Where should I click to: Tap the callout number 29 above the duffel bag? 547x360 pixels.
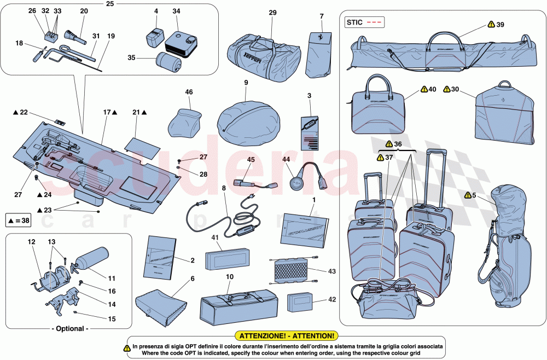(x=272, y=12)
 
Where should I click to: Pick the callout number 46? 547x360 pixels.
(x=189, y=92)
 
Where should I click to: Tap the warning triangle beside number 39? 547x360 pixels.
(x=491, y=25)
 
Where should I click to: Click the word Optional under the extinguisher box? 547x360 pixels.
(x=69, y=329)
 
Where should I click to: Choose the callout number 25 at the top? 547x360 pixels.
(x=110, y=4)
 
